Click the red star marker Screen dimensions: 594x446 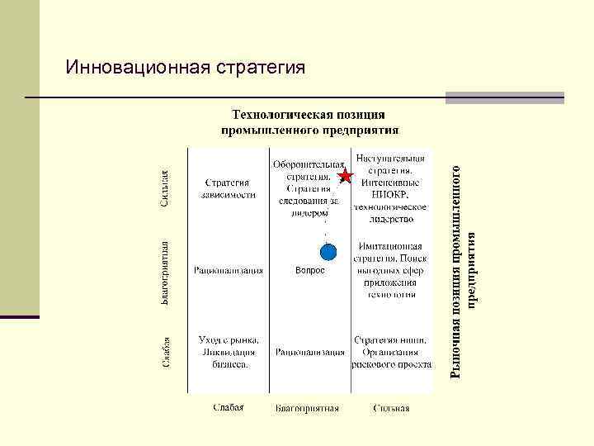(346, 176)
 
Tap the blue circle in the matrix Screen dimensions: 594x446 (329, 252)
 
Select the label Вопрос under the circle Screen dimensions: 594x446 (310, 270)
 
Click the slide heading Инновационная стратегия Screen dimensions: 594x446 (186, 65)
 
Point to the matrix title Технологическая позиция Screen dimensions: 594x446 (309, 114)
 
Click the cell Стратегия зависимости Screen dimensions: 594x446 (229, 189)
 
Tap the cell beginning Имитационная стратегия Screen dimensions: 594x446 (391, 246)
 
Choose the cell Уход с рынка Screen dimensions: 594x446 (229, 339)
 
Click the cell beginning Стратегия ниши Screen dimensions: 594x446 (391, 339)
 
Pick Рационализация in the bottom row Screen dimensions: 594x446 (310, 351)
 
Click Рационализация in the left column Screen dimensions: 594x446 (229, 269)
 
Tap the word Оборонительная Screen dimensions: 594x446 (309, 164)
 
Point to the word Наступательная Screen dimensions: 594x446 (391, 158)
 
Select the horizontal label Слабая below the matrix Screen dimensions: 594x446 (228, 407)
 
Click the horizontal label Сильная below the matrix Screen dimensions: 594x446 (391, 407)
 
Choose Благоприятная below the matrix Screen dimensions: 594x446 (308, 407)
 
